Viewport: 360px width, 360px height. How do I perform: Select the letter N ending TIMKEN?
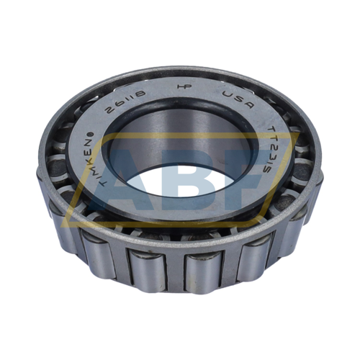(101, 138)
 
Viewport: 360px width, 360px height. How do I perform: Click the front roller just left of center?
(147, 270)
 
